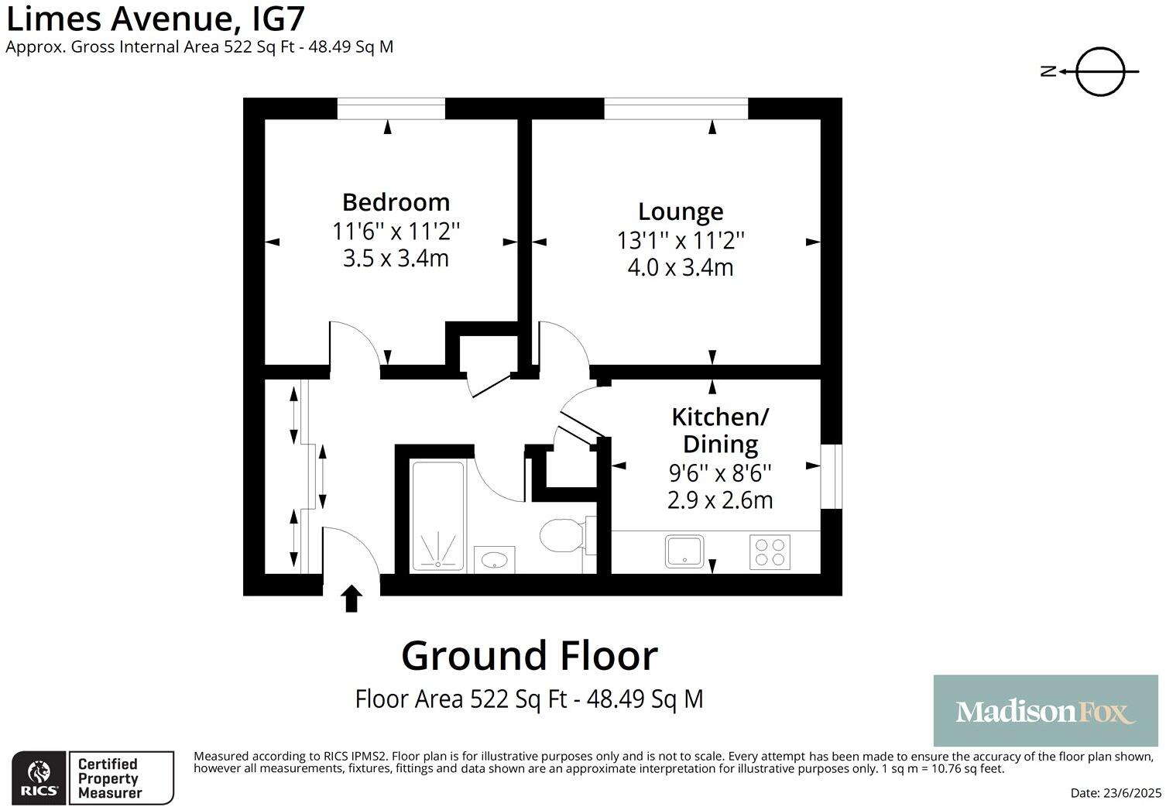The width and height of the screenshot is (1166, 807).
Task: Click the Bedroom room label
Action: (x=396, y=202)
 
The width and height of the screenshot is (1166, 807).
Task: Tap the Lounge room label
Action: (x=681, y=211)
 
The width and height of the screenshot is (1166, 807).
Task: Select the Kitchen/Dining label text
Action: (x=719, y=431)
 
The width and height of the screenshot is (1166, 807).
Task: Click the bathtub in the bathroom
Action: (x=438, y=516)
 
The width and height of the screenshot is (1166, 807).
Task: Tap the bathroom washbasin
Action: (x=494, y=558)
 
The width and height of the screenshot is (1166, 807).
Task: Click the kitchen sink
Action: (x=684, y=552)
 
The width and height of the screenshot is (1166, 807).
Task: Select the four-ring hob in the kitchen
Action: (x=770, y=552)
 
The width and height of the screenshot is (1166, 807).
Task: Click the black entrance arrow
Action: (x=352, y=599)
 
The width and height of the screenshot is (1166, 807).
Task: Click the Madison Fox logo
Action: (x=1044, y=711)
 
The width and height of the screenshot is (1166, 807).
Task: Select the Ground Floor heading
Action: (x=529, y=656)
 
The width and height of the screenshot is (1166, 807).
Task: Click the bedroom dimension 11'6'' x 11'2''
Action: (x=396, y=231)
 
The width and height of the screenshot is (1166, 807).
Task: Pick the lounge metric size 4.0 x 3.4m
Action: (x=681, y=268)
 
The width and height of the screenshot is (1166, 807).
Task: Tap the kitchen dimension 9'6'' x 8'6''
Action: (x=719, y=472)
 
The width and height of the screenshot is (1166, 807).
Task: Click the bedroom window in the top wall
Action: (x=391, y=108)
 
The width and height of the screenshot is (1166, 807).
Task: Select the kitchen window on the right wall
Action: (x=831, y=476)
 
